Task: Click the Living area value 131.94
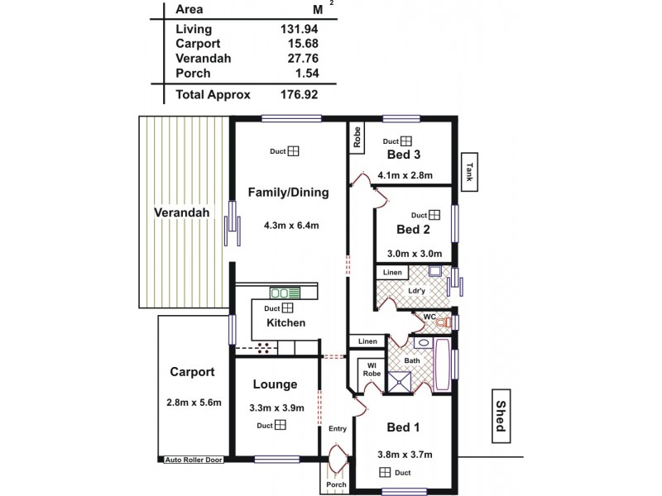[x=299, y=29]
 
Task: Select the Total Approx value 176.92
[x=299, y=95]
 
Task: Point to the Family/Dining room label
[x=289, y=193]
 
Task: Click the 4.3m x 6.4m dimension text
[x=291, y=225]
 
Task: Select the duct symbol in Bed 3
[x=406, y=141]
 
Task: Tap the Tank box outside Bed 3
[x=469, y=172]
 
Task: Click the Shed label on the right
[x=501, y=415]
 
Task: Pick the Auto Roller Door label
[x=194, y=460]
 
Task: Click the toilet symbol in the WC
[x=444, y=322]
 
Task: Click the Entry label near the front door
[x=338, y=428]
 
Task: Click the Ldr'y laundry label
[x=416, y=292]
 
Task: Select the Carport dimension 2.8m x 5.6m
[x=193, y=403]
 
